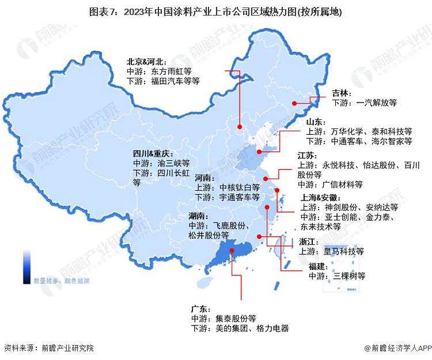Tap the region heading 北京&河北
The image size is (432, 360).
[146, 62]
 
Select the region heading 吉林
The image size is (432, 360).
[341, 93]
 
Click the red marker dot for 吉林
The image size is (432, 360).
[294, 104]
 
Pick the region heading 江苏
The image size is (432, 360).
[306, 156]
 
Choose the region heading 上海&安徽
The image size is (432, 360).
[317, 198]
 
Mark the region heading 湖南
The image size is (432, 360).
[198, 215]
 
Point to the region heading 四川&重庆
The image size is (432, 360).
[153, 153]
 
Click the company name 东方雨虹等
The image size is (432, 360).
[171, 71]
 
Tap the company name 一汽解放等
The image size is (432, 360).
[377, 103]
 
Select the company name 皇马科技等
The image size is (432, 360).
[343, 251]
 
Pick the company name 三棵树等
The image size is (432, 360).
[350, 276]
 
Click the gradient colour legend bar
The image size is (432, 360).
[26, 267]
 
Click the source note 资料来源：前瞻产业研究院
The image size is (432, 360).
[49, 348]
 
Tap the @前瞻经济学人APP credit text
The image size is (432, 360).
[397, 348]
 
